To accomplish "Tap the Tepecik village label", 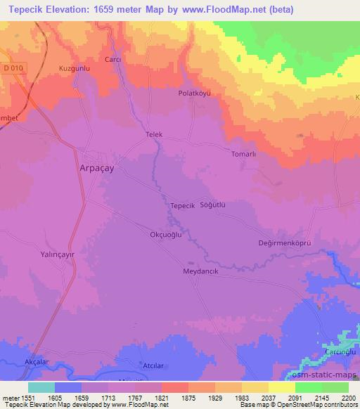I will [x=182, y=205].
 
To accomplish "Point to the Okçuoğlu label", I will [x=167, y=235].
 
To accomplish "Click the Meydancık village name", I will [x=201, y=271].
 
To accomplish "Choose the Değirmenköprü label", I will [x=285, y=243].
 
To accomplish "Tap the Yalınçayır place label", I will [x=57, y=257].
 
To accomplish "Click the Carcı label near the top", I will [x=113, y=60].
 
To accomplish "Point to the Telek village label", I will [x=153, y=134].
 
